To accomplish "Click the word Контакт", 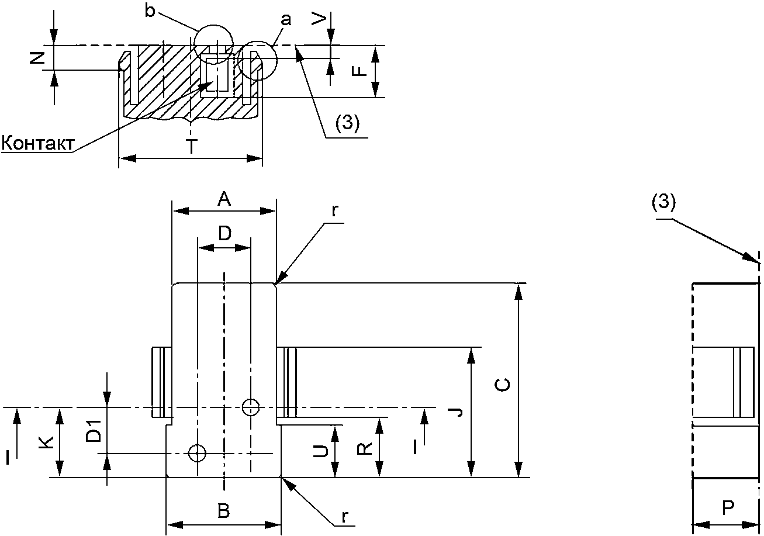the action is click(37, 143).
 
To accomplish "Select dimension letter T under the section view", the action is click(192, 147).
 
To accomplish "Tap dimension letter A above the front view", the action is click(224, 199).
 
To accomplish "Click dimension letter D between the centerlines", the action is click(225, 233).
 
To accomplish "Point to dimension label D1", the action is click(94, 431).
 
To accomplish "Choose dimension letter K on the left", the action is click(46, 442).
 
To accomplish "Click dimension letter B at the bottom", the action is click(224, 511).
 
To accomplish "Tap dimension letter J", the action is click(459, 412).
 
